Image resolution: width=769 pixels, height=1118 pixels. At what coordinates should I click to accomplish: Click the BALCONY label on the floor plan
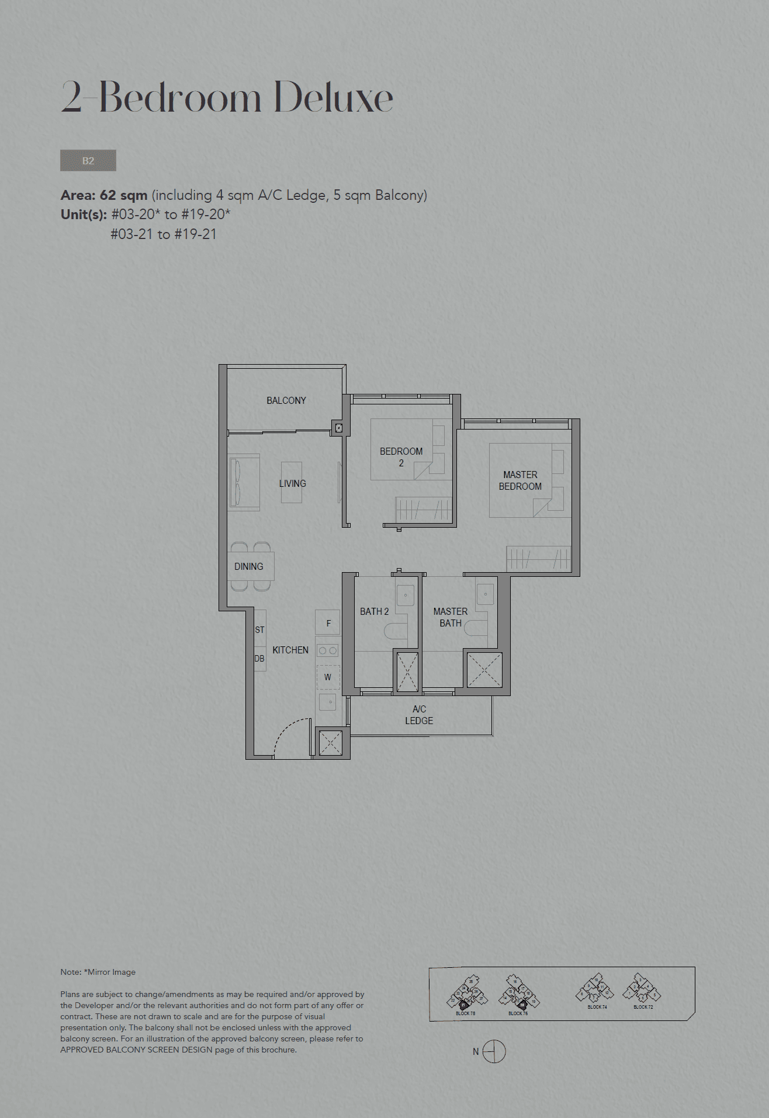click(286, 400)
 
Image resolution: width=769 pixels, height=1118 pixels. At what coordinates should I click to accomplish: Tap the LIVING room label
click(292, 483)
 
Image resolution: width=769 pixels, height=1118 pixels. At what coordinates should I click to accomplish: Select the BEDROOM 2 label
click(401, 457)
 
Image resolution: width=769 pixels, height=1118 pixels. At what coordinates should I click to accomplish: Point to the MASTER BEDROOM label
click(520, 480)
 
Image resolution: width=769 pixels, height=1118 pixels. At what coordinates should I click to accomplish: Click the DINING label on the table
click(249, 566)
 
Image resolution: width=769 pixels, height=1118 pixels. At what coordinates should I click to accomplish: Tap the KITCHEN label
click(290, 650)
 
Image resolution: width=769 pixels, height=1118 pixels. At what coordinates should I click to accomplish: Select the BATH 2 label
click(374, 611)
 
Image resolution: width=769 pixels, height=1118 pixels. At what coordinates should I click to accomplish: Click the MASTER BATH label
click(450, 617)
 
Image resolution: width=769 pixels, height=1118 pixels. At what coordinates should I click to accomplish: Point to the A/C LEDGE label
click(419, 715)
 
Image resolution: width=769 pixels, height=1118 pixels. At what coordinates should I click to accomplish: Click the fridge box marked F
click(328, 623)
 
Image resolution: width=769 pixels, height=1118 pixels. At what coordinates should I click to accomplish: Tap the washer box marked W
click(328, 677)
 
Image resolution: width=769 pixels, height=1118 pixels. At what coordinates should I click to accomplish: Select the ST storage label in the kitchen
click(260, 630)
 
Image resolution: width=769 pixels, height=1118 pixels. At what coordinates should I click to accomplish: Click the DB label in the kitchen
click(259, 659)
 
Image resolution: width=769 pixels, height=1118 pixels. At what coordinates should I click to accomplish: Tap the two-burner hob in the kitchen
click(327, 650)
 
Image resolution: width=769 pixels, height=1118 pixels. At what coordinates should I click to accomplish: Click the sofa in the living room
click(244, 482)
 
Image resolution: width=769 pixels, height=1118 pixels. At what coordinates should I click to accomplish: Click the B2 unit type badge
click(88, 161)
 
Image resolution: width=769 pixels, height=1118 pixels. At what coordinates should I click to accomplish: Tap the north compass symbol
click(494, 1051)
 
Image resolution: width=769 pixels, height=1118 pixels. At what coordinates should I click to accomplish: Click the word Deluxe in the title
click(333, 98)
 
